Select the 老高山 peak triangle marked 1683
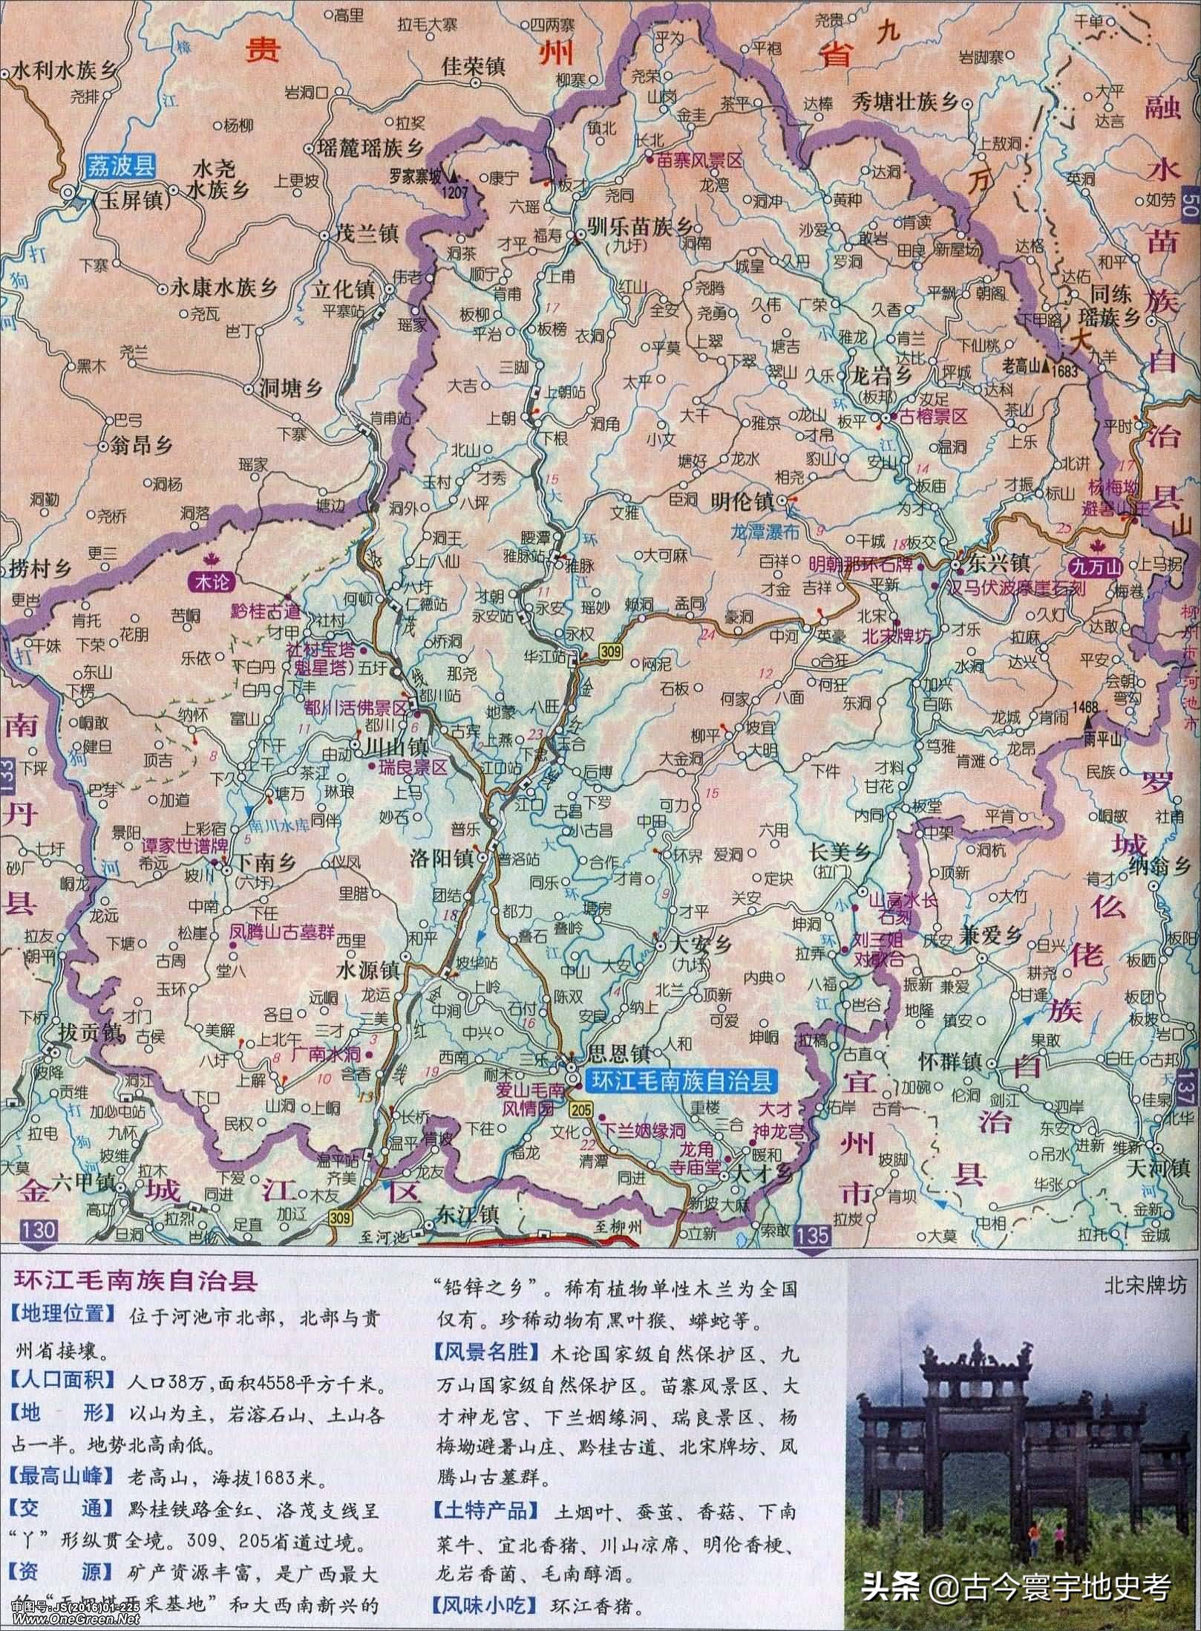(x=1046, y=365)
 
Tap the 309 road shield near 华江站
(x=613, y=651)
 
